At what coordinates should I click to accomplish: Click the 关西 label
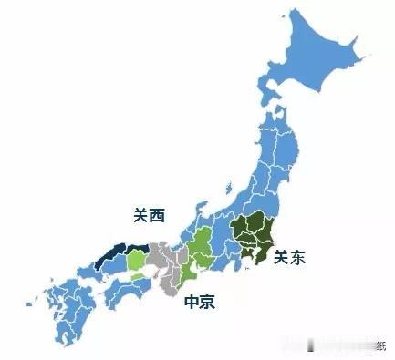pos(149,216)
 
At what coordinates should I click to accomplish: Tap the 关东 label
pos(289,258)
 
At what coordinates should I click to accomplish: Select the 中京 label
pos(200,302)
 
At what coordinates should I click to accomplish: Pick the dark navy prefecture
pos(117,256)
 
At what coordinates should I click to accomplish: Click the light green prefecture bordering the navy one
pos(135,262)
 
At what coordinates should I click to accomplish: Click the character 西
pos(157,216)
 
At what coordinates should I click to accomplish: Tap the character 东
pos(297,258)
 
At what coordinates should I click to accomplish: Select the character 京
pos(208,302)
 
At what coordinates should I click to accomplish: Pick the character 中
pos(192,302)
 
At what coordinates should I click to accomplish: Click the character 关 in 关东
pos(281,258)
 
